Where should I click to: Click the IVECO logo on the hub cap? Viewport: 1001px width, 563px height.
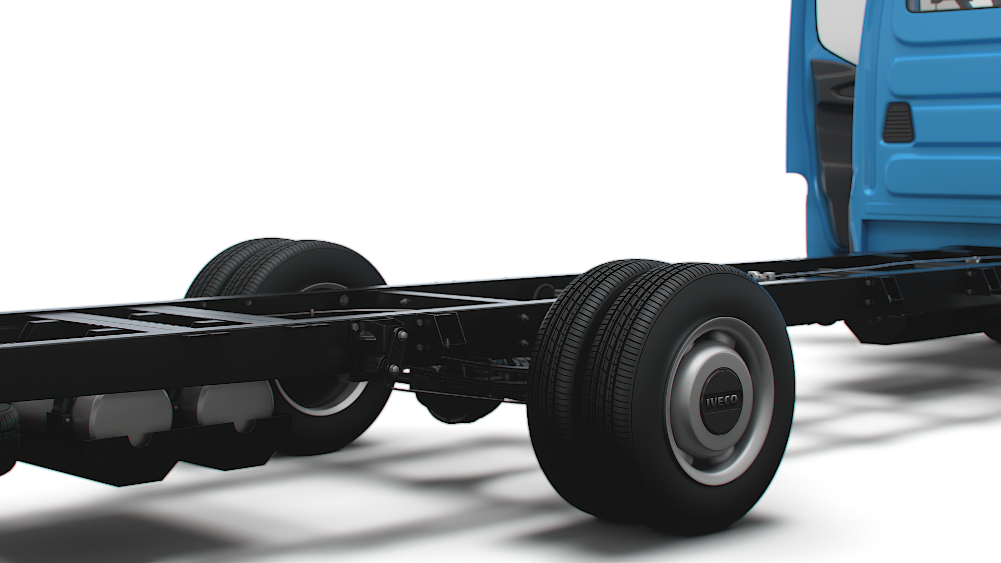[722, 402]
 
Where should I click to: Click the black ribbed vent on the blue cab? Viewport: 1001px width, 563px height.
[898, 123]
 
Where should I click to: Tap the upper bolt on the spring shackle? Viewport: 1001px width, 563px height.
[402, 335]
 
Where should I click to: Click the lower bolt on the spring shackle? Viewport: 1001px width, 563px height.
[394, 370]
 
